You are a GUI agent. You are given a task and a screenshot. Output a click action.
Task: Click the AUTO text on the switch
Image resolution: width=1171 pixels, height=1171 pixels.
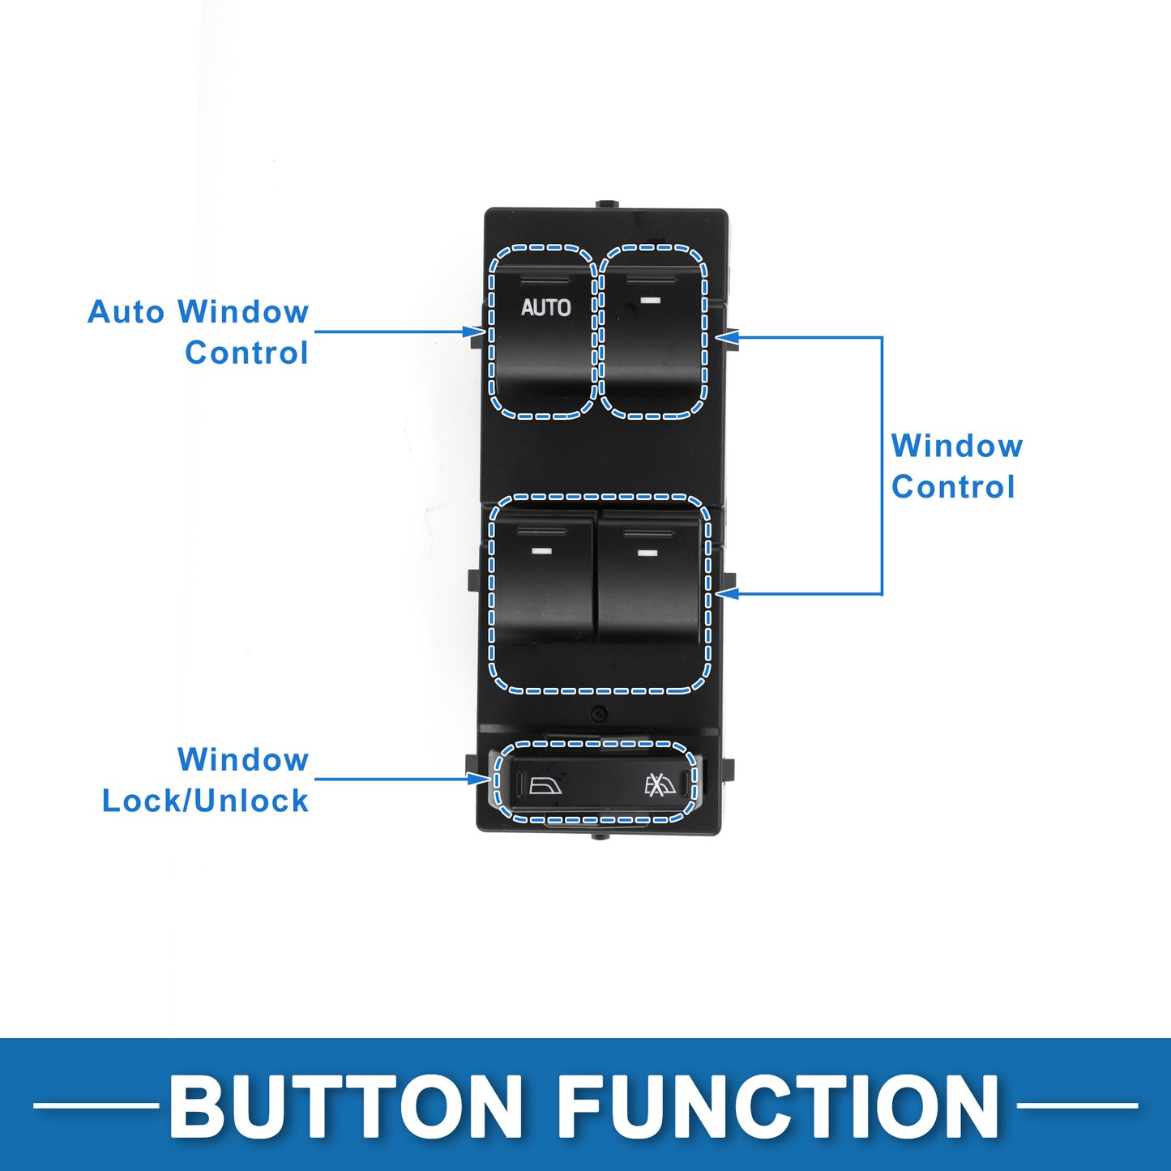545,307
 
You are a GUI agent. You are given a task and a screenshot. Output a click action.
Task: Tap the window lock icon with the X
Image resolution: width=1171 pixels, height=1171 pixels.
660,785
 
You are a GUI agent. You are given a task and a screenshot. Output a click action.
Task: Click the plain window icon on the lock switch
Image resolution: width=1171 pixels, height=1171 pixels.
545,786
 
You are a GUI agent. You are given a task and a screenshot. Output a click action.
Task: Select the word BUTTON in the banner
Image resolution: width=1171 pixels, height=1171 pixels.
345,1106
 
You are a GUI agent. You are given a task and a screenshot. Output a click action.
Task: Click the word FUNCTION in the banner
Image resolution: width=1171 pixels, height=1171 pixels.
779,1106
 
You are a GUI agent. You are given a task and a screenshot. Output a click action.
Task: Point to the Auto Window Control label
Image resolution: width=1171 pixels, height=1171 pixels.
198,331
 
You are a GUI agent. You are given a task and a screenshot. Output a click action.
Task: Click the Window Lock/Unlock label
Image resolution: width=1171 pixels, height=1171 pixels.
205,780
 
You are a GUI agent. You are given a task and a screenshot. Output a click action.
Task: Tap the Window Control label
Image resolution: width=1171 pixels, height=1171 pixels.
956,466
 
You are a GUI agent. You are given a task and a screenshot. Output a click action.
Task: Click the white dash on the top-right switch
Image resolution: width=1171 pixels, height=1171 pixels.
650,300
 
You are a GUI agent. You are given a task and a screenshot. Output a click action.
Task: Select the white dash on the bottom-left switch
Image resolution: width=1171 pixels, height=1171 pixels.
541,552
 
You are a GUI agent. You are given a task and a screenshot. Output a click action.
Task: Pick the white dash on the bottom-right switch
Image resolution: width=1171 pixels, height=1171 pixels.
647,553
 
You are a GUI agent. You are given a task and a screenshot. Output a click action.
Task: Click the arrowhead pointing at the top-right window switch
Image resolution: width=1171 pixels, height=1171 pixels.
727,337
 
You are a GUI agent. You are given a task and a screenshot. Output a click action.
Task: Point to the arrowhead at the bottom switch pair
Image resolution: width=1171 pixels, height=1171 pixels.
727,594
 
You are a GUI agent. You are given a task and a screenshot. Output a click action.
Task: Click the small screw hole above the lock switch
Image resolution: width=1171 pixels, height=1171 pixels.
600,713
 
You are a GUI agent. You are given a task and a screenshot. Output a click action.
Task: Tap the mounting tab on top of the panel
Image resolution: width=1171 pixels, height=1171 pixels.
607,205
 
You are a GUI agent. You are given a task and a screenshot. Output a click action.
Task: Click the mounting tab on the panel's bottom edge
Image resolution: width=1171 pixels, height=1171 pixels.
600,837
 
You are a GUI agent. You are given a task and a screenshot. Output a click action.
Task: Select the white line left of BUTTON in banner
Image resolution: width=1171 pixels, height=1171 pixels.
96,1106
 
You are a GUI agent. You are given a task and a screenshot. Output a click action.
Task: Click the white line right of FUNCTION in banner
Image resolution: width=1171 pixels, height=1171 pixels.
1077,1106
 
